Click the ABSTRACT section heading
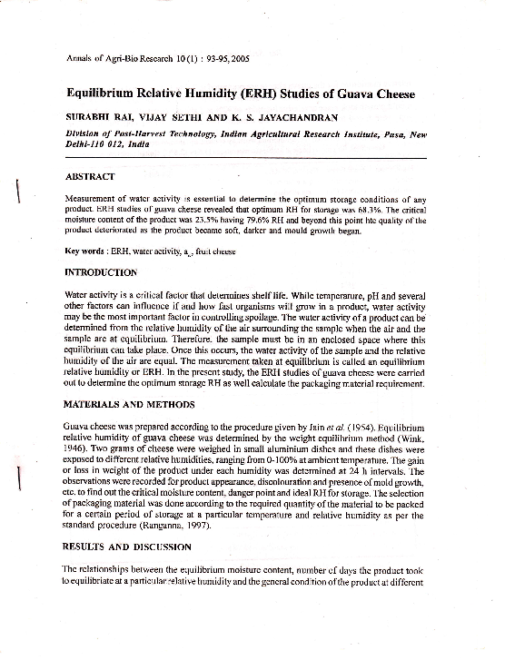point(91,175)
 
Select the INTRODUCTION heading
point(102,272)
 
